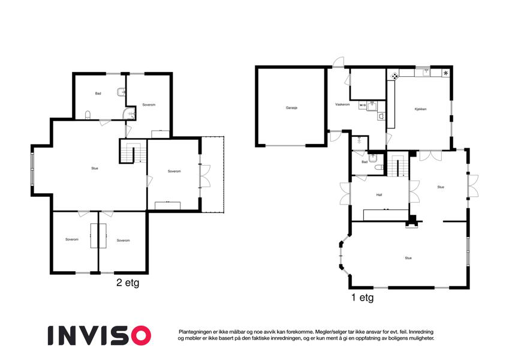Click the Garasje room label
coord(291,107)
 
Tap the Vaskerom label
coord(342,104)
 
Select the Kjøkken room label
coord(420,109)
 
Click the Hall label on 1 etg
coord(379,195)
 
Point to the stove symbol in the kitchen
coord(394,76)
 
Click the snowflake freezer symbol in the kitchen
coord(445,73)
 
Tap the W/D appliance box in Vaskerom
coord(363,105)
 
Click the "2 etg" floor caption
coord(128,283)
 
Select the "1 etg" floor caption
coord(362,298)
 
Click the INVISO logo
coord(100,335)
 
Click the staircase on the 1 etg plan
coord(398,164)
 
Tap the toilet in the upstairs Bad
coord(88,115)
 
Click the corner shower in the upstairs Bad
coord(130,113)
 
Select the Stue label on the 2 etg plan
coord(95,169)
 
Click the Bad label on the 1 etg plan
coord(365,162)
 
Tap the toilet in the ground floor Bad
coord(379,167)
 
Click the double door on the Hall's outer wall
coord(345,194)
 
